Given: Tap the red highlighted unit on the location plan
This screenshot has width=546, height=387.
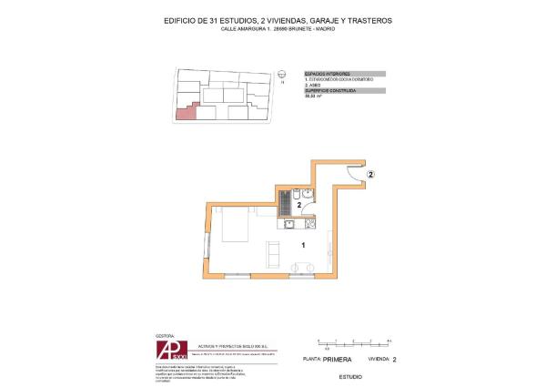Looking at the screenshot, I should [x=185, y=111].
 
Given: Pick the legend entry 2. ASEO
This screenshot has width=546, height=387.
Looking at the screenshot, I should [x=314, y=87].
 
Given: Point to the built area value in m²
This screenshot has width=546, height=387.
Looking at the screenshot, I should [x=312, y=97].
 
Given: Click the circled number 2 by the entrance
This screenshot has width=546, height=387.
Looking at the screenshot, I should [x=370, y=173].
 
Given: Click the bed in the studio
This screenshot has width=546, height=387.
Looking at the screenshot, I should [x=236, y=224].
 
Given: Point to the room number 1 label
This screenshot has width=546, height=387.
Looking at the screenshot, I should [x=303, y=243].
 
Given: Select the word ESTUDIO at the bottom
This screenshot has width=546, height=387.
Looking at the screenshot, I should [x=349, y=376].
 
